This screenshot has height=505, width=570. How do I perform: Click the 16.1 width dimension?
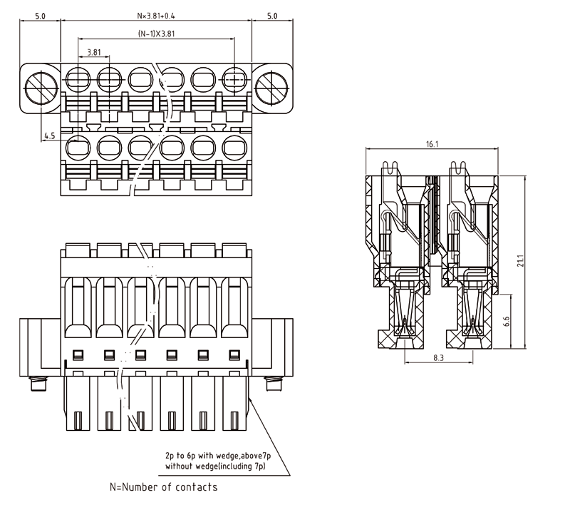click(x=432, y=144)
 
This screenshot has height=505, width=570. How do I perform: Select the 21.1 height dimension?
click(x=520, y=261)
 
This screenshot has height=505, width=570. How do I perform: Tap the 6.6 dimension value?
click(x=505, y=322)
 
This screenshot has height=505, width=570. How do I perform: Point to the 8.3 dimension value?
click(x=438, y=357)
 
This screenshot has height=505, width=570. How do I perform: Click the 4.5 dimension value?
click(x=50, y=136)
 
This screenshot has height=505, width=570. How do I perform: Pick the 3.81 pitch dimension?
click(x=93, y=53)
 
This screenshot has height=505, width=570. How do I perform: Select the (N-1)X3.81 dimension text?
click(x=156, y=34)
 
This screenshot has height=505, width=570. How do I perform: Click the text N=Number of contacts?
click(x=163, y=487)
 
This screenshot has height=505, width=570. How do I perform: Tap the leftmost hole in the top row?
click(x=76, y=77)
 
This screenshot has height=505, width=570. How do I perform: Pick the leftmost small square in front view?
click(x=78, y=354)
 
